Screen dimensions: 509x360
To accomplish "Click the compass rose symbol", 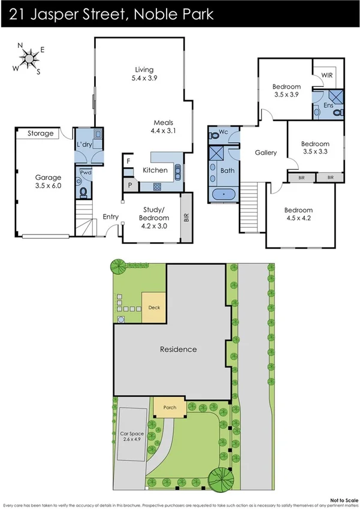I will (x=28, y=58).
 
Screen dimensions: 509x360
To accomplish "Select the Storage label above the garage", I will (x=41, y=134).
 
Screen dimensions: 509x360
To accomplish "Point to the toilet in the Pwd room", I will (x=84, y=192).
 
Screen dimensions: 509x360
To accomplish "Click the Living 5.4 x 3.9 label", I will (x=144, y=73).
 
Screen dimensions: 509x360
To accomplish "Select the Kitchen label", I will (x=155, y=171).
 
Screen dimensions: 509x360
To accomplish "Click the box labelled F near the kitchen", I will (x=128, y=161).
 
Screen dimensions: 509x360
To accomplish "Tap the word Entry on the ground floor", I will (x=110, y=217).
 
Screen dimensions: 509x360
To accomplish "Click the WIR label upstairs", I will (x=327, y=76).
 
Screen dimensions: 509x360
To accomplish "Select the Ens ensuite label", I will (x=328, y=106).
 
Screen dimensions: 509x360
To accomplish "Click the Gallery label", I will (x=265, y=153).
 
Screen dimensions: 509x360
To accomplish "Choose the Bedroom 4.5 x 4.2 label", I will (x=298, y=214).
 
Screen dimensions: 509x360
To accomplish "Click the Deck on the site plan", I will (x=154, y=308).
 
